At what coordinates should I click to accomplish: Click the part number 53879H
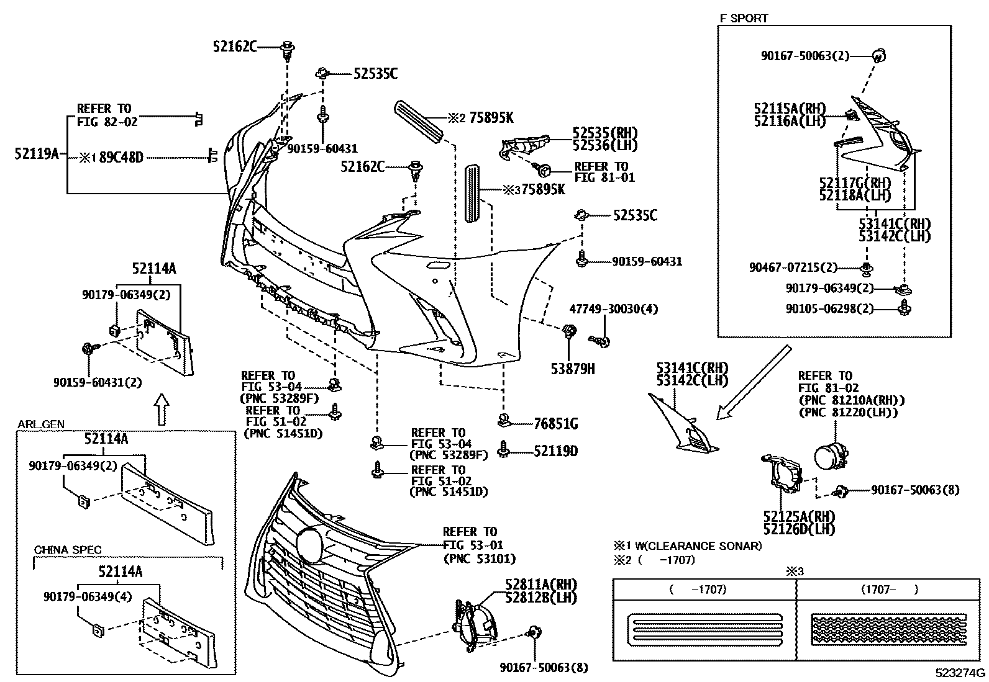[572, 369]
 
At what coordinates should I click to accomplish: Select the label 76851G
[556, 424]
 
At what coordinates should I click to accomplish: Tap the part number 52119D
[555, 451]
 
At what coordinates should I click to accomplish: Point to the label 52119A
[36, 153]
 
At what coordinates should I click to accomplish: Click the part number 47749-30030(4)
[613, 309]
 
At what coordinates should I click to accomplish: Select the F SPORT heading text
[744, 18]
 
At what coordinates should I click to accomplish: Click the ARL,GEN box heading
[40, 424]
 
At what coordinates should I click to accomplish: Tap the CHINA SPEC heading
[68, 550]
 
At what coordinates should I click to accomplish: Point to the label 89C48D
[121, 158]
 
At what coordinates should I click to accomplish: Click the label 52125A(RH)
[799, 516]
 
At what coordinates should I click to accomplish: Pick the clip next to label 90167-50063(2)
[878, 56]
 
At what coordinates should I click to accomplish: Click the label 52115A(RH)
[789, 107]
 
